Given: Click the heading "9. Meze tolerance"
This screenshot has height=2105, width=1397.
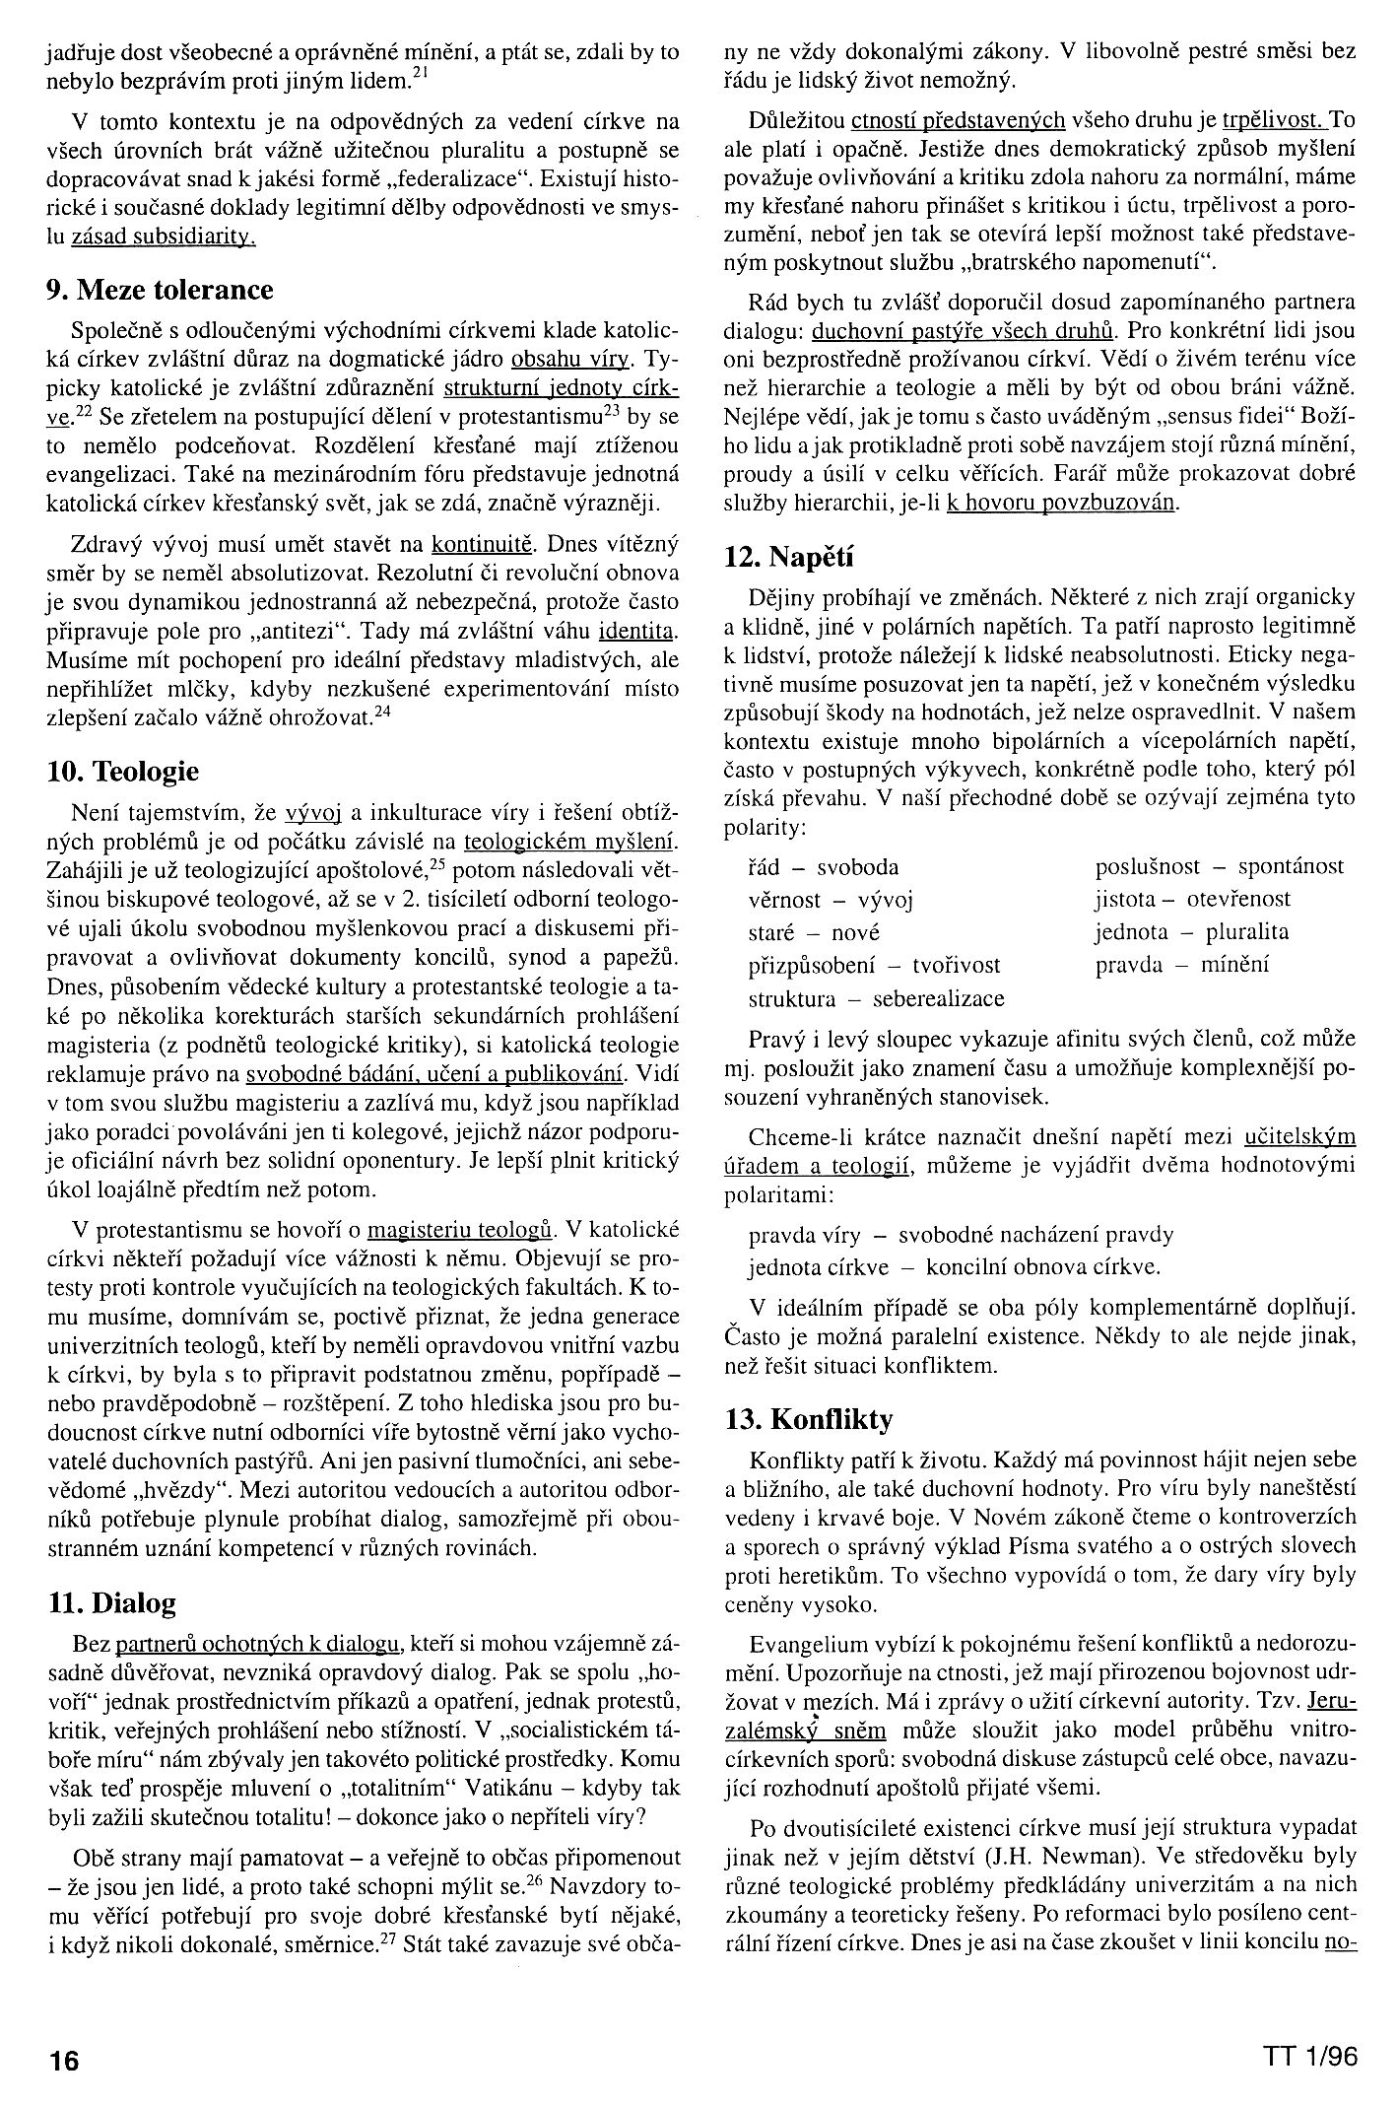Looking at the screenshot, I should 160,290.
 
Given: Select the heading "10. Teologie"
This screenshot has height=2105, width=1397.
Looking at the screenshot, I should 123,771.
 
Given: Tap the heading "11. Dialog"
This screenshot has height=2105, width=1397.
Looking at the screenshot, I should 111,1603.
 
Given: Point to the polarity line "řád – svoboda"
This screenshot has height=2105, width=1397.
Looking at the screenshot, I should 824,867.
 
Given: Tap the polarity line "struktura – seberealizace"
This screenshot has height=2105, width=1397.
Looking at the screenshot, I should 876,998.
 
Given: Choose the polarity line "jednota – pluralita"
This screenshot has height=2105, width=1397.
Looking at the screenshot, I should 1191,932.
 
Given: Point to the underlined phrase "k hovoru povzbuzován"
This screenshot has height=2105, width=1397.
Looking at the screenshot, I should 1061,502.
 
